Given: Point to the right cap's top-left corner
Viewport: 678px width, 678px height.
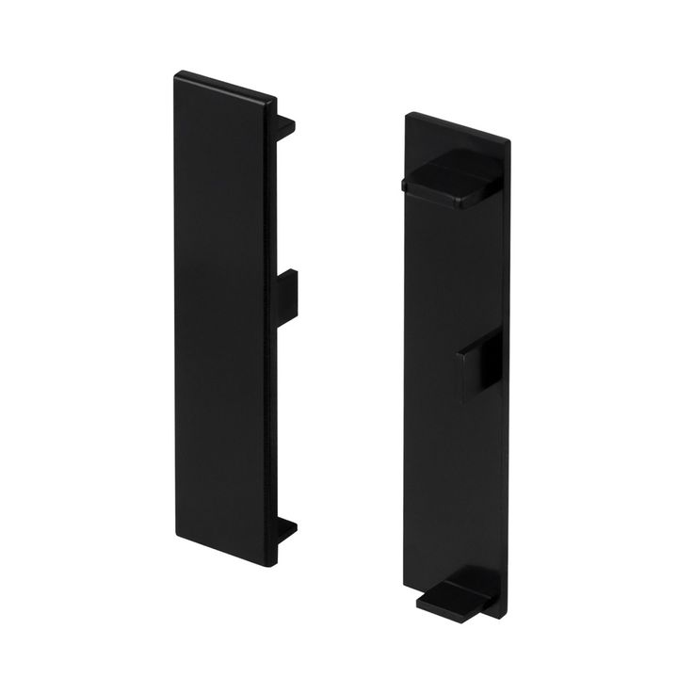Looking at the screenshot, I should coord(406,115).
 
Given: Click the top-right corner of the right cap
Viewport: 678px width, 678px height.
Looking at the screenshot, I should coord(510,141).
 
